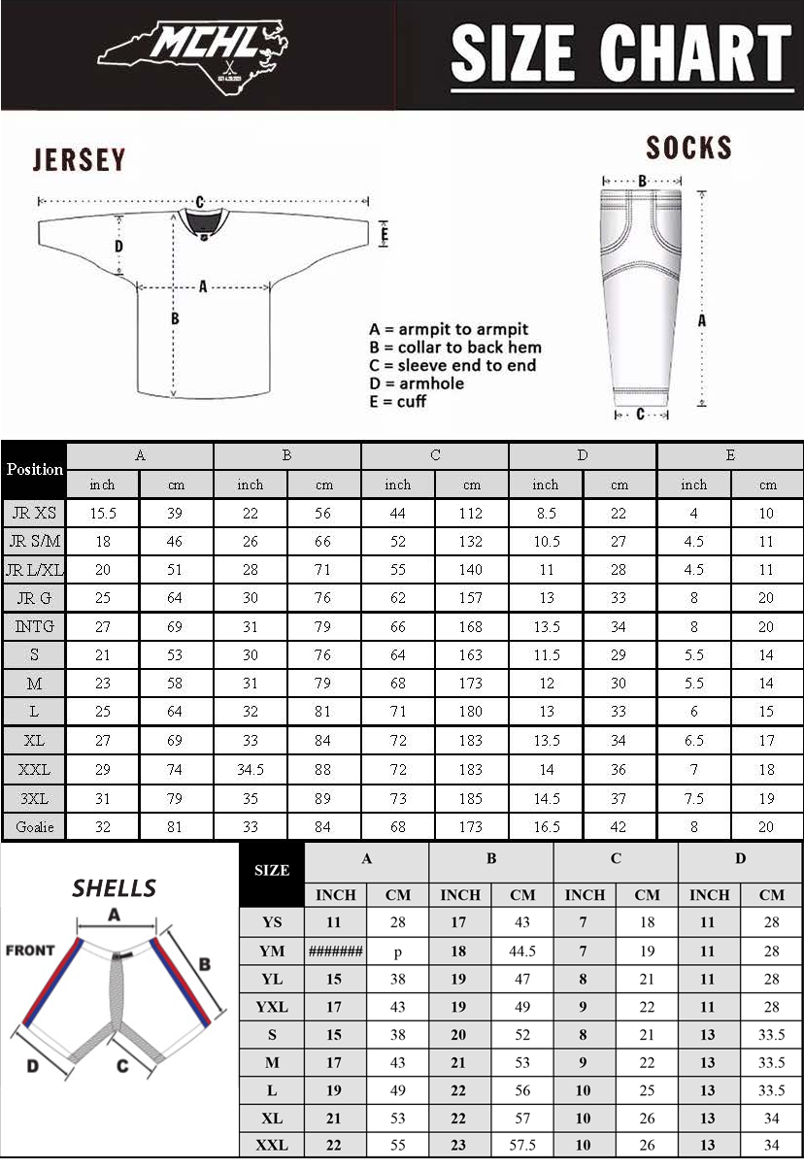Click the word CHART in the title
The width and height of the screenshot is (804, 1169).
[696, 52]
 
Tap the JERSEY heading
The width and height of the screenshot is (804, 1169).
[79, 159]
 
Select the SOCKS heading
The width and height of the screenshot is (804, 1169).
[688, 148]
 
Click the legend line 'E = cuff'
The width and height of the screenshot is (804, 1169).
[397, 401]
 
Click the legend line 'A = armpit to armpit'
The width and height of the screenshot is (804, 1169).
[449, 329]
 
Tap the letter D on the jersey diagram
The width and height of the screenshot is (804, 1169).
[119, 246]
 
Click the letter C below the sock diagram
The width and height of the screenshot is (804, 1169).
[641, 414]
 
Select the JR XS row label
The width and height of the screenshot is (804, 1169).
[34, 513]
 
